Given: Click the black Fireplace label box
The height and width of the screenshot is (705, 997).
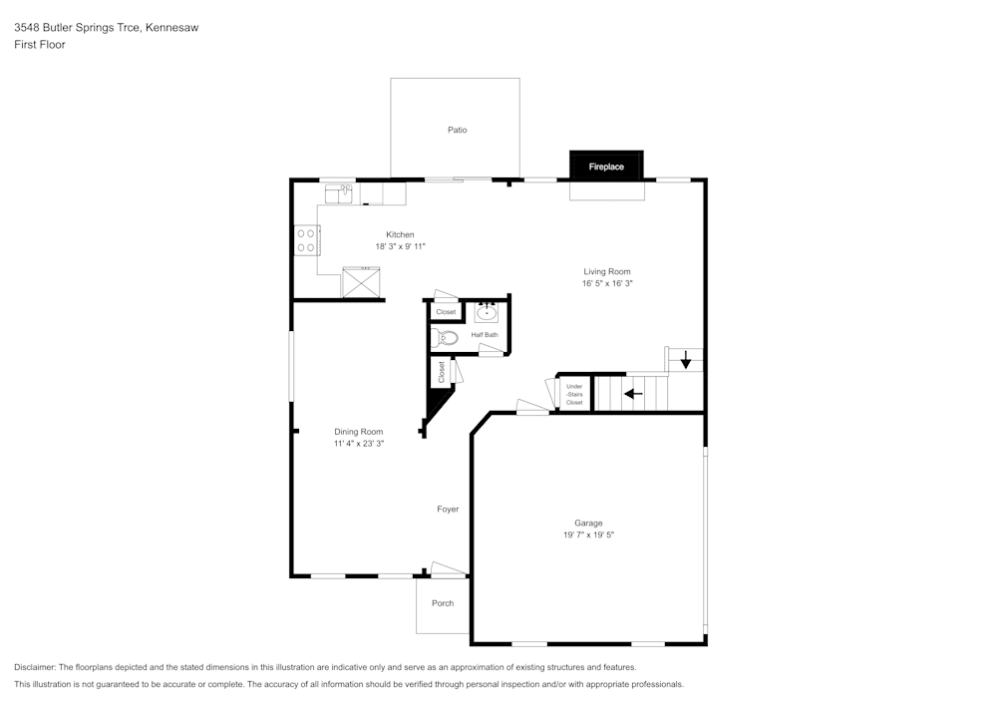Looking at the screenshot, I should coord(606,167).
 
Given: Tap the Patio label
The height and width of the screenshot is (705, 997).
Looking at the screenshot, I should coord(457,130).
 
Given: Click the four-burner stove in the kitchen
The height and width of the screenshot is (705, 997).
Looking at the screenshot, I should coord(306,239).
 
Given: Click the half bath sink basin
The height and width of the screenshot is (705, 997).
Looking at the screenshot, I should coord(488,312).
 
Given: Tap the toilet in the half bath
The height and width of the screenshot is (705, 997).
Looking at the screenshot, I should coord(445,338).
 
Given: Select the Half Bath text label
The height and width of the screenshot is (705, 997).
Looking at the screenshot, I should coord(485,335).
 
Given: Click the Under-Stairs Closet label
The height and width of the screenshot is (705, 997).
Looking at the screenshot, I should coord(574,394).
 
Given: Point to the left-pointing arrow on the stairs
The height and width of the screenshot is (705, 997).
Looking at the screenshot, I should coord(632,393).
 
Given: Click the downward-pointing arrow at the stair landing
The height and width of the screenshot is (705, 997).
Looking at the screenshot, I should coord(686,360).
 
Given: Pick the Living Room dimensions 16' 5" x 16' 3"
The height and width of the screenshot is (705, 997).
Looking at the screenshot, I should coord(607,283).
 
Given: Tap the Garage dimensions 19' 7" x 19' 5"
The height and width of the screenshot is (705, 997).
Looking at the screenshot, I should coord(588,535).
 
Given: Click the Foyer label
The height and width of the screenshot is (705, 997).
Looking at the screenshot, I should coord(448,510).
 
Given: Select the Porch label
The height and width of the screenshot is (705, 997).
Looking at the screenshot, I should coord(443,603).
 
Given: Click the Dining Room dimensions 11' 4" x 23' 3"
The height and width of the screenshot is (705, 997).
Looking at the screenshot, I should coord(359,444).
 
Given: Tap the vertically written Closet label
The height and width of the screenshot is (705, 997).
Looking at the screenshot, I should coord(442,371).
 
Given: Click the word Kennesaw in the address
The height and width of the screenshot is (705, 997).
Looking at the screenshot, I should coord(171,28).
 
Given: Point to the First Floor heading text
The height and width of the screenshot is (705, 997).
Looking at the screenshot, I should coord(40,45).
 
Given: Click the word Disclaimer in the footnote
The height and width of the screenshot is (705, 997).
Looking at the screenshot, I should coord(35,667).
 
